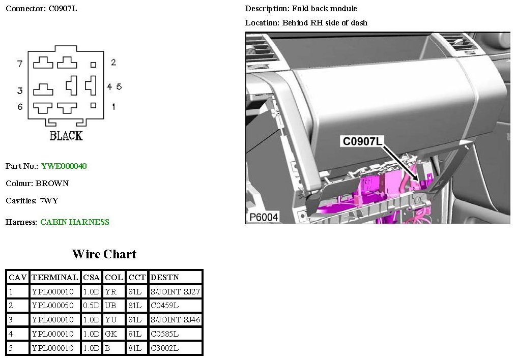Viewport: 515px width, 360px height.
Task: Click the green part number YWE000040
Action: pos(64,166)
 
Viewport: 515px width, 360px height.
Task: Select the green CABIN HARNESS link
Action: pos(75,222)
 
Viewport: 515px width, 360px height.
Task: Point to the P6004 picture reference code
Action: pos(264,217)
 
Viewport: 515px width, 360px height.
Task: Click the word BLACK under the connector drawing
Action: pos(66,136)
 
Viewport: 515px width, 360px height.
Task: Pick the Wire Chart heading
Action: pos(104,254)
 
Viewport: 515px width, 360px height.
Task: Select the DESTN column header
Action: pos(164,278)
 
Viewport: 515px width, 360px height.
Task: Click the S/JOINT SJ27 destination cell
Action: pos(175,292)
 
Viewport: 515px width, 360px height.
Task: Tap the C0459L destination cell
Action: pos(164,306)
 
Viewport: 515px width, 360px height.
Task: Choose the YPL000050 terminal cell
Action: pos(52,306)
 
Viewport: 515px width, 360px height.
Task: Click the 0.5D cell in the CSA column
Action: pos(91,306)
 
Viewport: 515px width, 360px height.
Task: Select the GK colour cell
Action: pos(111,334)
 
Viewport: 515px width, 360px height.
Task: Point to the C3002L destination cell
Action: pos(164,348)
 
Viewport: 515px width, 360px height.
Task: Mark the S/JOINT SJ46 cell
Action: pos(175,320)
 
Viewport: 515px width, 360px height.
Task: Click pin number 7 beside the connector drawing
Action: pos(20,64)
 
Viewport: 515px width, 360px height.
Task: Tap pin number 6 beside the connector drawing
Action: pos(20,107)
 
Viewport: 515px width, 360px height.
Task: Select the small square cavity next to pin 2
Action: pos(93,65)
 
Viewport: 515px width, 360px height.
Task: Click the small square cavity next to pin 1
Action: pos(93,105)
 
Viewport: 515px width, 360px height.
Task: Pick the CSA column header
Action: pos(91,278)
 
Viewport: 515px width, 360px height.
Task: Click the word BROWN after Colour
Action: pos(52,184)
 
